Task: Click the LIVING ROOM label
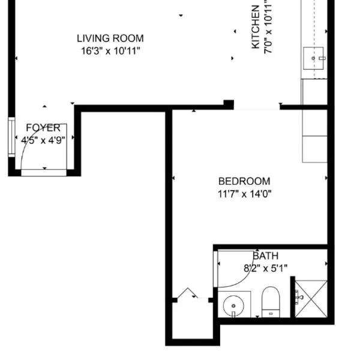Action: pyautogui.click(x=110, y=38)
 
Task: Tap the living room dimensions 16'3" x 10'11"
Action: pyautogui.click(x=110, y=51)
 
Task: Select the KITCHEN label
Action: pyautogui.click(x=256, y=27)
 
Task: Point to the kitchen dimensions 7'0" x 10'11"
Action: pyautogui.click(x=268, y=27)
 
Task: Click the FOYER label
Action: pyautogui.click(x=43, y=128)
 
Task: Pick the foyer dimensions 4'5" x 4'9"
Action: pyautogui.click(x=43, y=140)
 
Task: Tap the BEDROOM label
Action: pyautogui.click(x=244, y=181)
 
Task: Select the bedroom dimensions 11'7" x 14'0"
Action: pyautogui.click(x=244, y=194)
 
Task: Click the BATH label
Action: pyautogui.click(x=266, y=256)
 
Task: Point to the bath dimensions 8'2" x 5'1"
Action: pyautogui.click(x=266, y=268)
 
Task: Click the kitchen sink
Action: pyautogui.click(x=314, y=58)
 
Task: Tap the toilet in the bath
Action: pyautogui.click(x=271, y=302)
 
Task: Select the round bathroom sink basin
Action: pyautogui.click(x=233, y=306)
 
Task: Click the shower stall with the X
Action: pyautogui.click(x=311, y=299)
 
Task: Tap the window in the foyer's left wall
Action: pyautogui.click(x=11, y=137)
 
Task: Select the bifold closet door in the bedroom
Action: pyautogui.click(x=187, y=293)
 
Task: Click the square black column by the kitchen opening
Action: pyautogui.click(x=229, y=104)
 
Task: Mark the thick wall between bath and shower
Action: pyautogui.click(x=293, y=297)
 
